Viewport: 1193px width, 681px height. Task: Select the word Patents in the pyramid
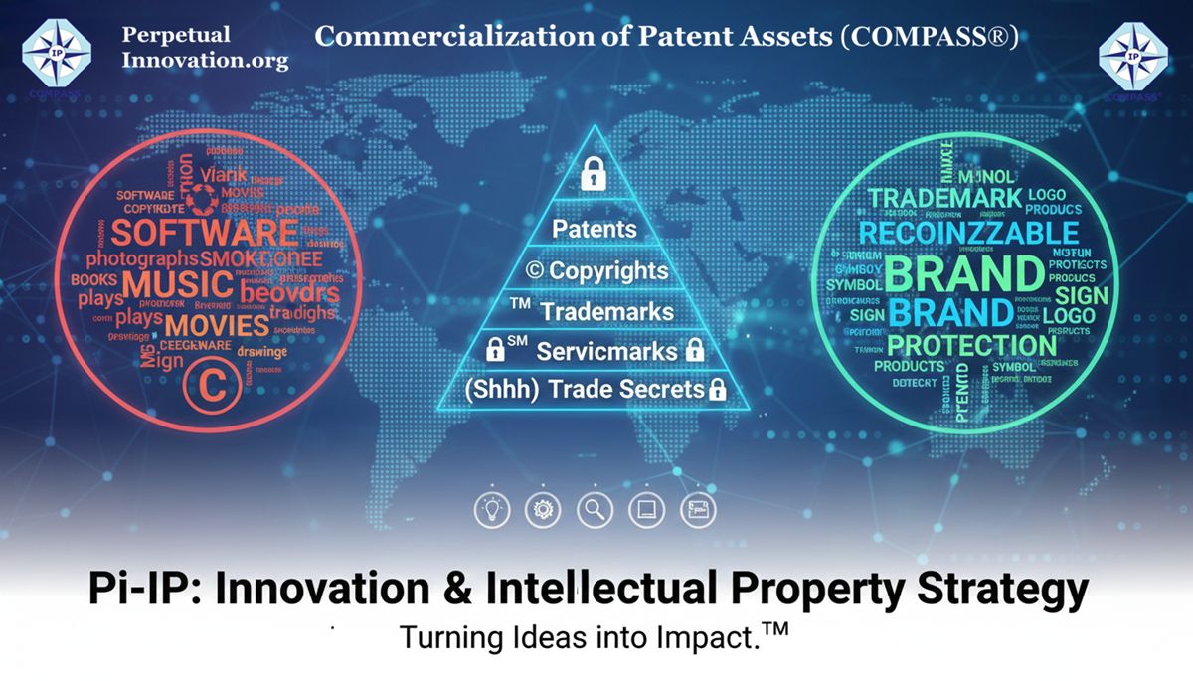(x=594, y=229)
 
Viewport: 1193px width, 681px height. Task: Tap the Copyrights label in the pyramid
(x=598, y=270)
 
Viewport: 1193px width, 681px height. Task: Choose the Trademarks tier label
(x=606, y=311)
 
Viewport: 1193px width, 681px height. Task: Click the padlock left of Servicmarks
(x=495, y=351)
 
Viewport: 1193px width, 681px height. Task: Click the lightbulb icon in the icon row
(x=491, y=510)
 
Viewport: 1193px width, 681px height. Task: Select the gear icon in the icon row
(x=543, y=510)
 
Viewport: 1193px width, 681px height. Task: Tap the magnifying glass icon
(x=595, y=510)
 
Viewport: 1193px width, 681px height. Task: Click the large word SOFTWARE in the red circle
(x=204, y=234)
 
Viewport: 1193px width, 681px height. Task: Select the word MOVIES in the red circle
(x=218, y=325)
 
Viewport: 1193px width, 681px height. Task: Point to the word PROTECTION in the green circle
(x=970, y=345)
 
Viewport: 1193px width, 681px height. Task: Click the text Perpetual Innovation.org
(x=204, y=47)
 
